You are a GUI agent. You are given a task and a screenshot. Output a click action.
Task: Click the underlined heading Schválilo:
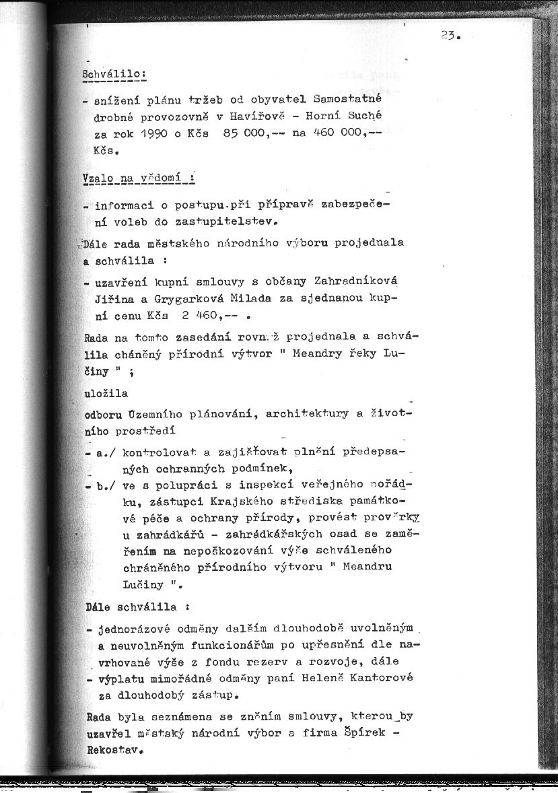[114, 73]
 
